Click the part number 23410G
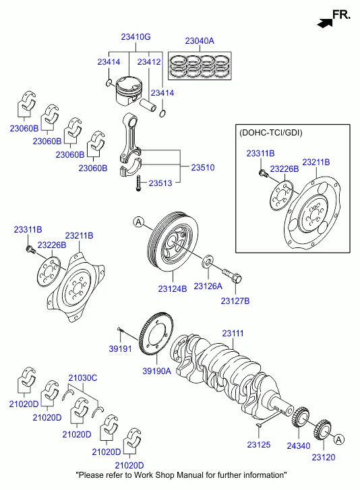(x=136, y=37)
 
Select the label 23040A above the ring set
(x=200, y=41)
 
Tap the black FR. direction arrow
(x=325, y=23)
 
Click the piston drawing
(x=129, y=91)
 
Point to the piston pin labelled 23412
(x=148, y=105)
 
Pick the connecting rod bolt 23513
(x=138, y=183)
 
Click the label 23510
(x=203, y=168)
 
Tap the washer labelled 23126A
(x=208, y=262)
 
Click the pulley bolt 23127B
(x=232, y=276)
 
